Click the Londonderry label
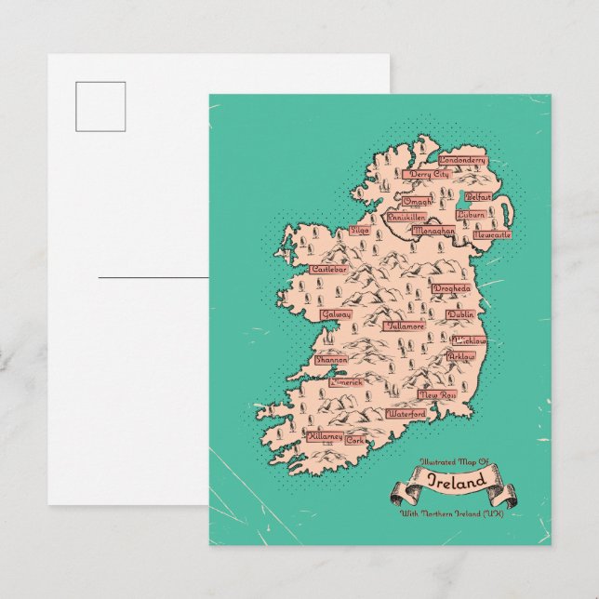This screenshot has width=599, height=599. point(463,160)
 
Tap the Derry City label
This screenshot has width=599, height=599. point(429,174)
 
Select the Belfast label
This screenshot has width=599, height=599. point(478,197)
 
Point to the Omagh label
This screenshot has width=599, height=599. point(418,201)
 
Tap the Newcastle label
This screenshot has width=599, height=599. point(492,235)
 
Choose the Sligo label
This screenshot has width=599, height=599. point(360,231)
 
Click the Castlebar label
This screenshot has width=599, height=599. point(328,269)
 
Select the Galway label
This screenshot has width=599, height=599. point(336,314)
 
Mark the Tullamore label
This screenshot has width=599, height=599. point(406,326)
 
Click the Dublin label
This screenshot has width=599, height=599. point(459,315)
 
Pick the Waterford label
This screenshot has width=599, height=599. point(406,412)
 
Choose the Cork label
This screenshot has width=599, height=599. point(356,440)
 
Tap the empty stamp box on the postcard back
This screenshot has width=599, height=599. point(101,106)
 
